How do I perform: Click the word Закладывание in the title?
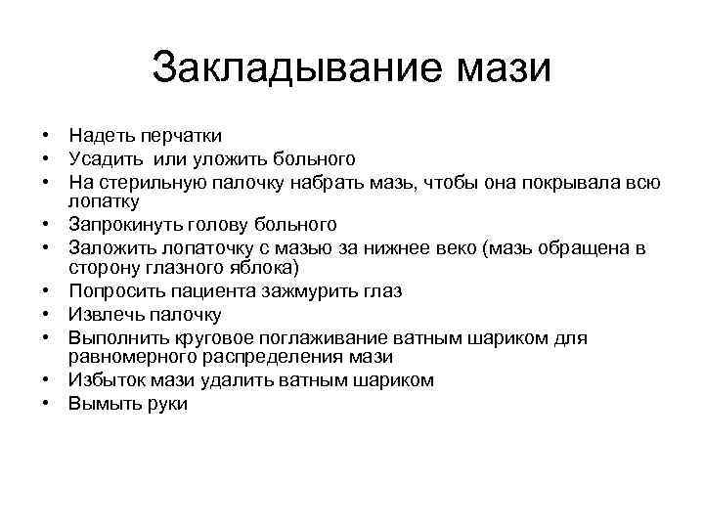coord(297,69)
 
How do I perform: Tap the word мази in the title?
coord(503,69)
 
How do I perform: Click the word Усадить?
coord(106,158)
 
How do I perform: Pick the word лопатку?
coord(104,201)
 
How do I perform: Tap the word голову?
coord(221,225)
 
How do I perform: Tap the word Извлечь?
coord(103,315)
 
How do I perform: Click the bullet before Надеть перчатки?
coord(46,135)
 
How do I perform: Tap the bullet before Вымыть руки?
coord(46,404)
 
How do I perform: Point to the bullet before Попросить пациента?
coord(46,291)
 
